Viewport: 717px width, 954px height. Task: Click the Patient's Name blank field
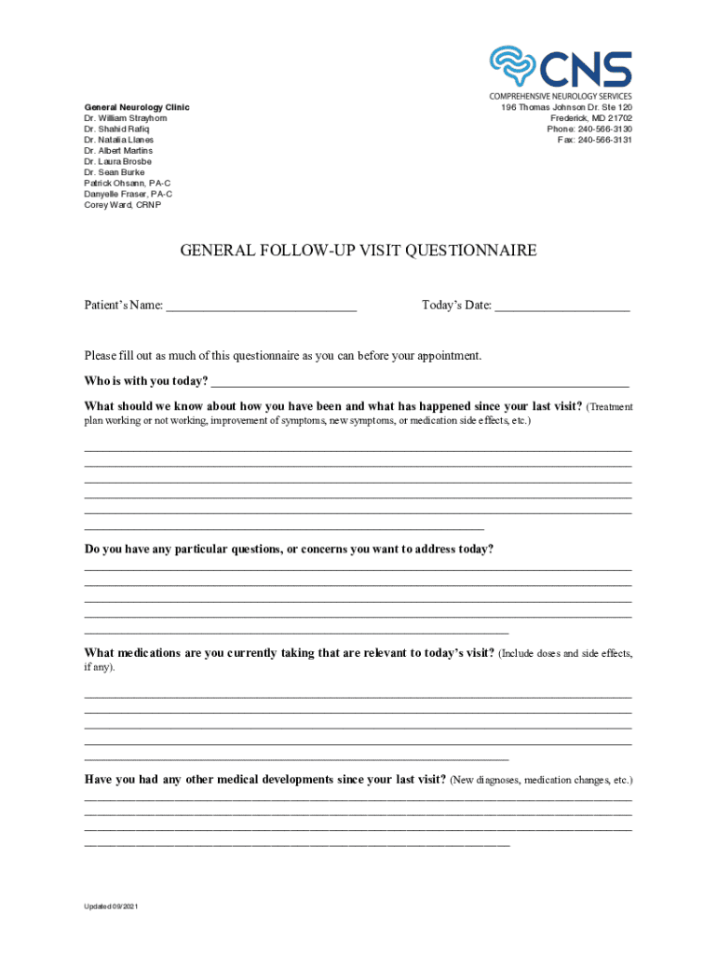tap(262, 307)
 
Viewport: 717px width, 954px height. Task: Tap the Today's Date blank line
tap(561, 307)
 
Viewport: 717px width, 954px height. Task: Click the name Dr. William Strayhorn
tap(126, 118)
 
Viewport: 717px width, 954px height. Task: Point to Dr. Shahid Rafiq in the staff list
tap(118, 129)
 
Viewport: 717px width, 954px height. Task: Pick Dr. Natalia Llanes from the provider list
tap(119, 140)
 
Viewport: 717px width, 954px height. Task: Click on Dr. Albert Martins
tap(118, 151)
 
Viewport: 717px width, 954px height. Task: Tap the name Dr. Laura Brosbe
tap(117, 161)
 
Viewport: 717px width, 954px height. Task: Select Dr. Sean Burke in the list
tap(114, 172)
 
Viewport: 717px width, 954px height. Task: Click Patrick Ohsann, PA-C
tap(128, 184)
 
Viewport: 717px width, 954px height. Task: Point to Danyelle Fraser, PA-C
tap(128, 194)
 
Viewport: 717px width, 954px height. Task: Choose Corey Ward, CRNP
tap(122, 205)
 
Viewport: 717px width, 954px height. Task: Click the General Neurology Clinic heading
tap(137, 108)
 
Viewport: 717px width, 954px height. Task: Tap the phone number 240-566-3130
tap(604, 129)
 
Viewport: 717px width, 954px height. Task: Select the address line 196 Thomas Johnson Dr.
tap(566, 108)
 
